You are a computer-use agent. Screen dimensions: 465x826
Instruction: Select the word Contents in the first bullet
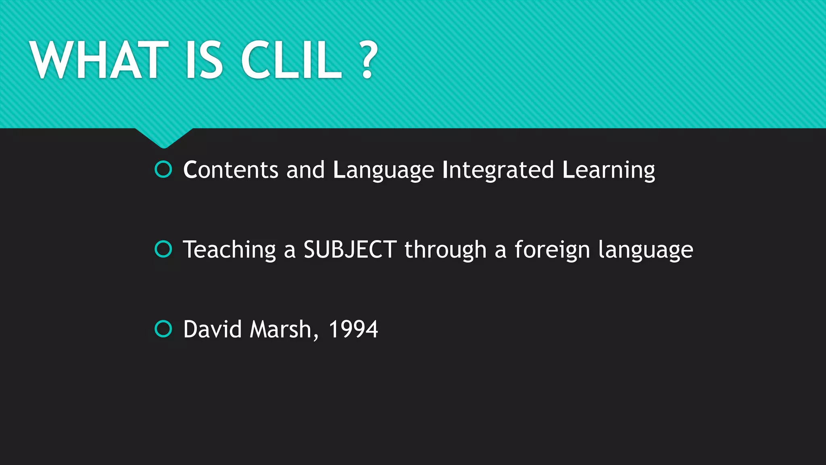(230, 170)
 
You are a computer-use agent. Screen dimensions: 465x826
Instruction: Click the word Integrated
(498, 170)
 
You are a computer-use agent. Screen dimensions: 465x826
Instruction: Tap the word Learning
(608, 170)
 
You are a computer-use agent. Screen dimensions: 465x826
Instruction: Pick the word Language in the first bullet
(383, 170)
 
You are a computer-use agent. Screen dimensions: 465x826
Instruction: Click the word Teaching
(229, 250)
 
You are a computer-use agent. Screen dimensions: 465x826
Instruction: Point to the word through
(445, 250)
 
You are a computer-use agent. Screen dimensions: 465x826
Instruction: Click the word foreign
(552, 250)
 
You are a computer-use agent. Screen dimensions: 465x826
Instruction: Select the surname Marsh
(281, 329)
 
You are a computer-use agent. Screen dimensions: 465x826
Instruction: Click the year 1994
(353, 329)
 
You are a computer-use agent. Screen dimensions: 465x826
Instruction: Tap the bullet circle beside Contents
(163, 170)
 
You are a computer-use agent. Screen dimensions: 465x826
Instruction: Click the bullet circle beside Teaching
(163, 249)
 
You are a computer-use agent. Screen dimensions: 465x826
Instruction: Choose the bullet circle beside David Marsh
(163, 329)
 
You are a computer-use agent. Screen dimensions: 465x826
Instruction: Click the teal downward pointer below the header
(164, 137)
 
